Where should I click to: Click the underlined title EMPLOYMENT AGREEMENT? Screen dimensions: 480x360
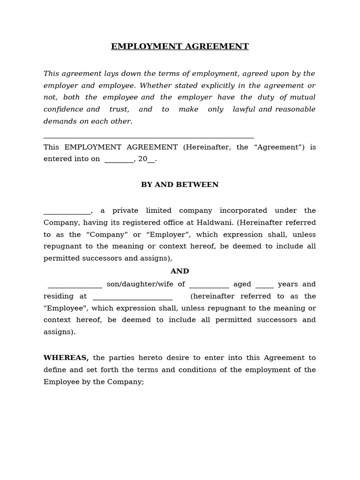(180, 46)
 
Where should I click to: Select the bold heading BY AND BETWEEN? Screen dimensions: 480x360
(180, 185)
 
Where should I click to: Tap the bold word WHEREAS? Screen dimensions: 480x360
(66, 358)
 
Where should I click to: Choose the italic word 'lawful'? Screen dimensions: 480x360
(244, 109)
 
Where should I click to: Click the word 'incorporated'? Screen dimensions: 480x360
(243, 210)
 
